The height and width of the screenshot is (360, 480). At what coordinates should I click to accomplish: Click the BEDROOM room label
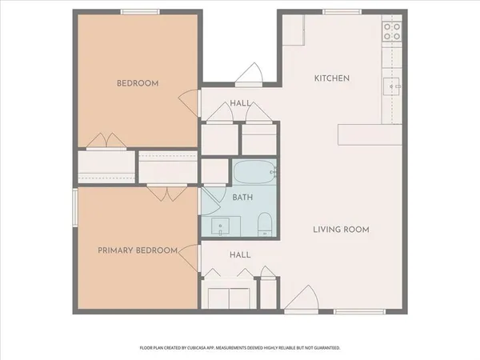point(138,83)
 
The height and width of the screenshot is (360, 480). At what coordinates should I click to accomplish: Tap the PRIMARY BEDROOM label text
point(137,250)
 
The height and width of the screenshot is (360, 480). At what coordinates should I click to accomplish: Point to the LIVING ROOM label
point(340,230)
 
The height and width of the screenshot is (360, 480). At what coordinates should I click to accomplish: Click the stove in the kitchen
point(392,31)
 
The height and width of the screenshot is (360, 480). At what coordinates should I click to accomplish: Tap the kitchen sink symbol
point(394,85)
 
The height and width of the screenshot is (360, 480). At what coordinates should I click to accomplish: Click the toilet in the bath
point(266,225)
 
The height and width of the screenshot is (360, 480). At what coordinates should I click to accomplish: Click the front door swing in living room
point(298,301)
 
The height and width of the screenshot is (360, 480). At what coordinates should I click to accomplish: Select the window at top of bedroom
point(138,10)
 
